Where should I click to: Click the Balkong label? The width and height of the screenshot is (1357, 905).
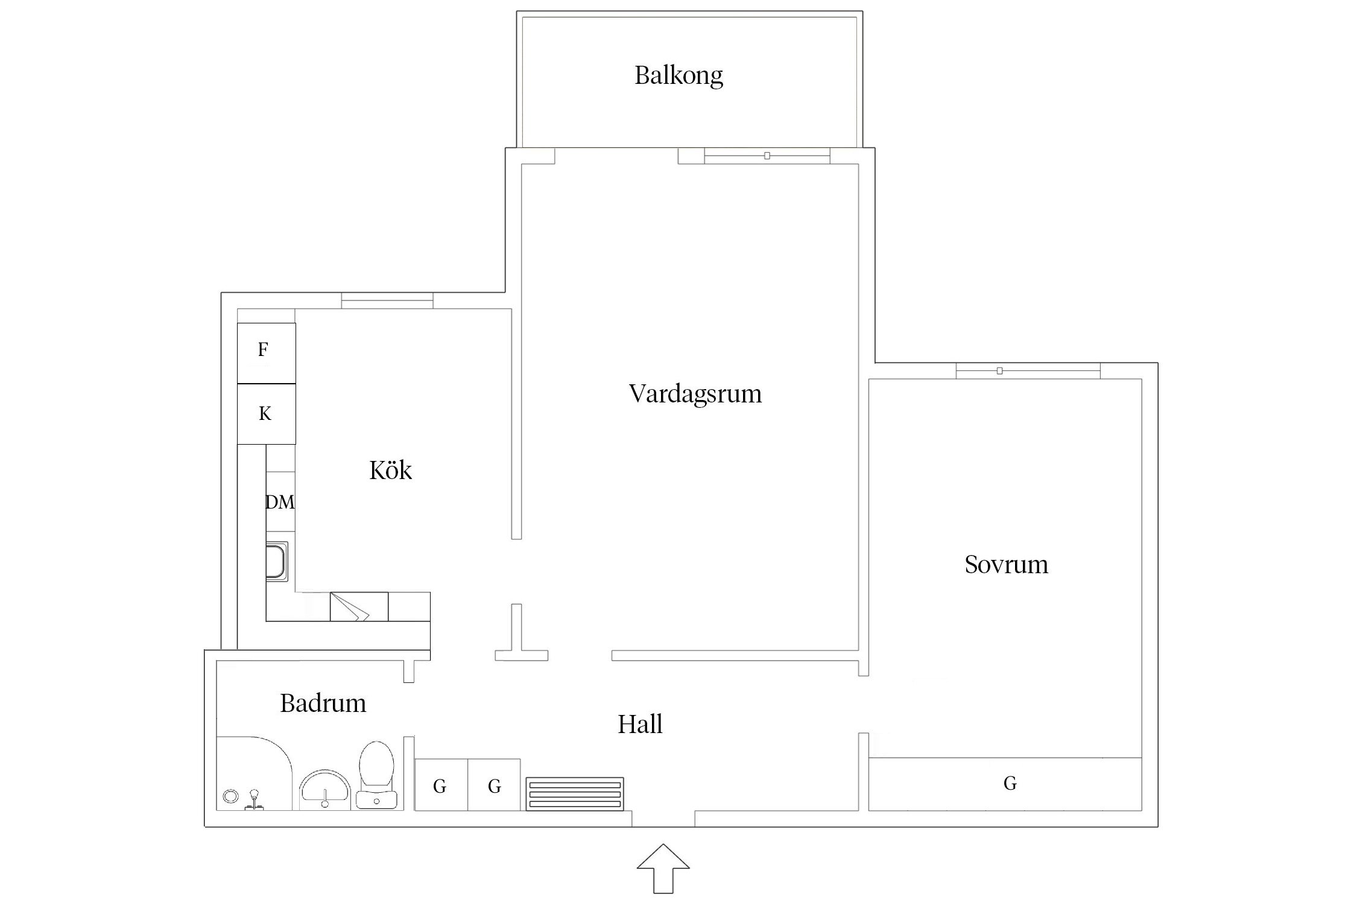(x=678, y=76)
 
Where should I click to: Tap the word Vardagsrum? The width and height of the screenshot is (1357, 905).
(x=695, y=394)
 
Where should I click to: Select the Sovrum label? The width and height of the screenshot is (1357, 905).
(x=1006, y=565)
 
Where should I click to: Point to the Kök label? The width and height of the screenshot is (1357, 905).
(x=390, y=471)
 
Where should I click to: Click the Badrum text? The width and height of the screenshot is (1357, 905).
(x=323, y=703)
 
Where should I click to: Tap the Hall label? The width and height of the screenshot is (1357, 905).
(x=640, y=724)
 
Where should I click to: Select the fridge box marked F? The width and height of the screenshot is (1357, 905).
(x=266, y=352)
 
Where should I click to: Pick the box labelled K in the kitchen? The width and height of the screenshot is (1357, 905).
(x=266, y=414)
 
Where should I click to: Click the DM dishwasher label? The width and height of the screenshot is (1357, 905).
(x=280, y=502)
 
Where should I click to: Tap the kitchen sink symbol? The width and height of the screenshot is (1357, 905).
(x=277, y=561)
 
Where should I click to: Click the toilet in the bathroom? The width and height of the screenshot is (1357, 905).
(x=376, y=775)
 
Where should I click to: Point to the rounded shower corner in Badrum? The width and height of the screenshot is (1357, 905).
(x=253, y=772)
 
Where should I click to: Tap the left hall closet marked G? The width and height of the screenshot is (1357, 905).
(x=441, y=785)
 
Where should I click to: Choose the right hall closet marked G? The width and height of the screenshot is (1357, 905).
(x=494, y=785)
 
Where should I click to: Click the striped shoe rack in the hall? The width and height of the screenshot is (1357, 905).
(x=574, y=794)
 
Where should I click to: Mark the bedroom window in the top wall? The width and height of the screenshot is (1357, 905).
(x=1028, y=371)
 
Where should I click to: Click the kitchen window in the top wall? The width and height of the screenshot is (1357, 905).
(x=387, y=300)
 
